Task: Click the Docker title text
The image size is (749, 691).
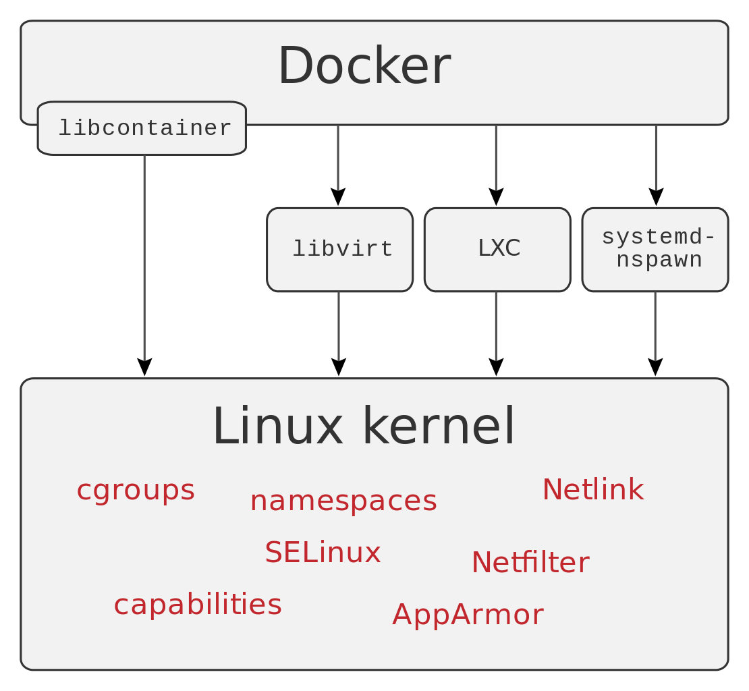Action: (x=364, y=65)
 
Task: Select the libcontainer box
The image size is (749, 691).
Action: (x=142, y=128)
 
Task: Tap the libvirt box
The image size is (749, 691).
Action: (x=339, y=250)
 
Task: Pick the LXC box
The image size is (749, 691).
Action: (x=497, y=249)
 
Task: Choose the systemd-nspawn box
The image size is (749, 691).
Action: (x=655, y=249)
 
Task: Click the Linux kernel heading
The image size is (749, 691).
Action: (x=364, y=426)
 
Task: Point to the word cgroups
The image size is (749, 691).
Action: (x=136, y=490)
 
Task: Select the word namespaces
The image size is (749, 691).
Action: (x=343, y=501)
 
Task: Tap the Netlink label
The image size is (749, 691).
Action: (x=592, y=490)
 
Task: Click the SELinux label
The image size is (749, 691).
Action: (x=323, y=553)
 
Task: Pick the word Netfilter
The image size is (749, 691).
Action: (x=530, y=563)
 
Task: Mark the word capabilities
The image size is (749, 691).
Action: (x=198, y=604)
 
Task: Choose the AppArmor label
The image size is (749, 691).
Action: (x=468, y=615)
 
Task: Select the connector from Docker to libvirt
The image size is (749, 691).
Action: (x=338, y=158)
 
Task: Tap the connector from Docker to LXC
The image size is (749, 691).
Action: (x=496, y=158)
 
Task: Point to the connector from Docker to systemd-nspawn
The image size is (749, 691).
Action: (x=656, y=158)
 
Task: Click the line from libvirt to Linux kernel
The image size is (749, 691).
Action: (x=339, y=327)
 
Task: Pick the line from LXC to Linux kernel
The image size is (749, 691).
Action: (x=496, y=327)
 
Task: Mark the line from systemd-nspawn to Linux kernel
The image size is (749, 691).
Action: (x=655, y=327)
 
